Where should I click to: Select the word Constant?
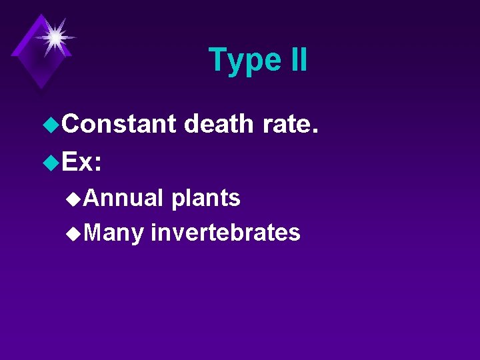pyautogui.click(x=119, y=124)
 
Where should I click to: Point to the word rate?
pyautogui.click(x=287, y=125)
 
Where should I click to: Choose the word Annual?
pyautogui.click(x=124, y=198)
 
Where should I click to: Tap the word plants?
pyautogui.click(x=205, y=198)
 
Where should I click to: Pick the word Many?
pyautogui.click(x=114, y=233)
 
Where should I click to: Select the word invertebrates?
pyautogui.click(x=225, y=233)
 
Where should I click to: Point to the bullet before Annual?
pyautogui.click(x=75, y=198)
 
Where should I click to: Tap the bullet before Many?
pyautogui.click(x=75, y=233)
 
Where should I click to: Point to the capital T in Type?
pyautogui.click(x=217, y=59)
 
